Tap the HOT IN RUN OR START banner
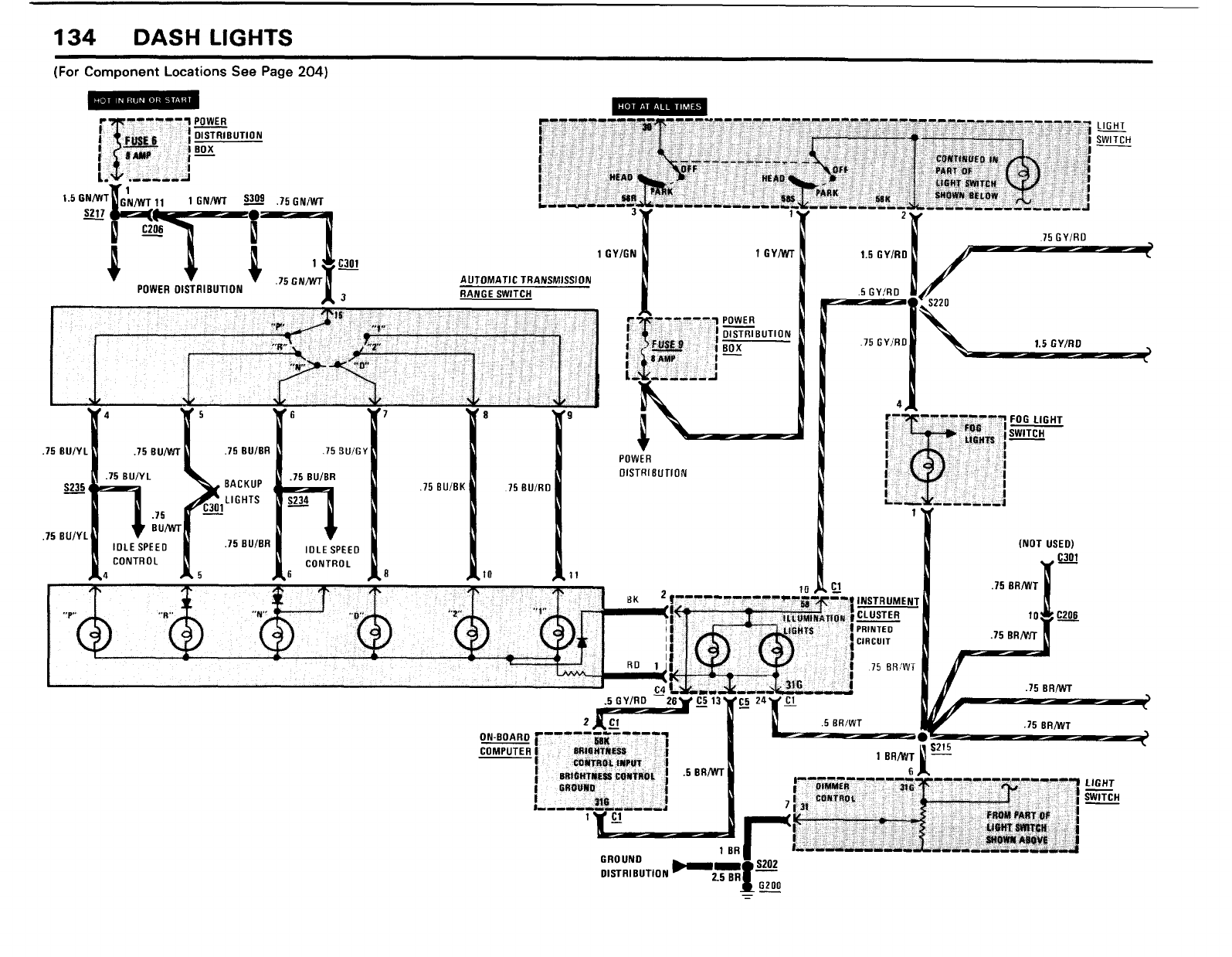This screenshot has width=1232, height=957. click(x=143, y=100)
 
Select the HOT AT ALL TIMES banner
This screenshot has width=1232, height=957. click(x=659, y=107)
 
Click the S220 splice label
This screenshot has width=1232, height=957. click(x=938, y=303)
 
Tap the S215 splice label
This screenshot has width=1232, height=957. click(x=942, y=747)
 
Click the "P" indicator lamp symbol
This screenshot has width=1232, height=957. click(x=94, y=635)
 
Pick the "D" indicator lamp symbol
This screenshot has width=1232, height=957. click(x=375, y=635)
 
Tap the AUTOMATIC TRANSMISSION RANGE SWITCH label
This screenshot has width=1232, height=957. click(x=525, y=287)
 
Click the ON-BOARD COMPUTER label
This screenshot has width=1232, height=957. click(x=505, y=744)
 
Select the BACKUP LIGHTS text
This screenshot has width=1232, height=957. click(x=243, y=492)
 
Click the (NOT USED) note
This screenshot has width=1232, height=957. click(x=1047, y=543)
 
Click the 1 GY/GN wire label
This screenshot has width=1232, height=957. click(x=616, y=253)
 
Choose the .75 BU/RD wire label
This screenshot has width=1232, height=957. click(x=528, y=488)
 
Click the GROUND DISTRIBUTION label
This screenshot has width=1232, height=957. click(x=633, y=867)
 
